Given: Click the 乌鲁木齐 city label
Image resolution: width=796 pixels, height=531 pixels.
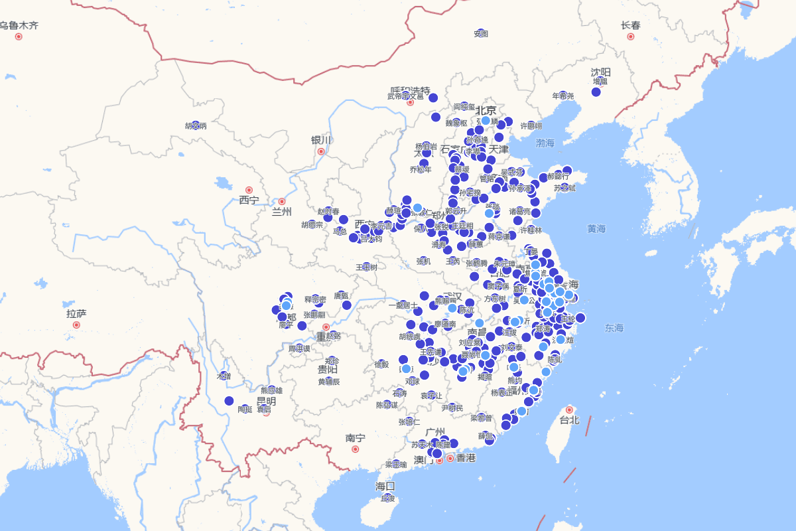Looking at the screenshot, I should [19, 25].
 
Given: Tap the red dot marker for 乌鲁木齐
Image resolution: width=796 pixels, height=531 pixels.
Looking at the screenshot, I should [19, 37].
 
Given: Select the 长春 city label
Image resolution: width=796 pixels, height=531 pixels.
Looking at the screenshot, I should [631, 25].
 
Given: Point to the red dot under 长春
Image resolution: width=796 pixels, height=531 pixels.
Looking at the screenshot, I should [631, 37].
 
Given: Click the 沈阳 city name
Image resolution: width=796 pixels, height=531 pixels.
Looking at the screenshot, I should [601, 72].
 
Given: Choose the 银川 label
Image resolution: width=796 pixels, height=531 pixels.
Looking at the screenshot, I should [320, 140].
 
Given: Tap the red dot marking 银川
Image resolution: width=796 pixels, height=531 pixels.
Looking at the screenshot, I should [321, 151].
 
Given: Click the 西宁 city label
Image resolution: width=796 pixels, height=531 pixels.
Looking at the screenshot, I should [249, 200].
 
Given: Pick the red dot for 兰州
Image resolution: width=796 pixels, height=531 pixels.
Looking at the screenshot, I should [282, 201].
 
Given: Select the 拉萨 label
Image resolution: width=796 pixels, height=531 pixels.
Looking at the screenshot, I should [76, 313].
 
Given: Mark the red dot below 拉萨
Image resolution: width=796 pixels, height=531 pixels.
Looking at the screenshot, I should [76, 325].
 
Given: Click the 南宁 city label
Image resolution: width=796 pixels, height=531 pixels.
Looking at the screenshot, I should [355, 438].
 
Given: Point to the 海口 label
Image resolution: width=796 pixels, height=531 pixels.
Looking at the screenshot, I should [385, 486].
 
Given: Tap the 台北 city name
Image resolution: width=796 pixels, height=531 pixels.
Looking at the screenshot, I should [569, 420].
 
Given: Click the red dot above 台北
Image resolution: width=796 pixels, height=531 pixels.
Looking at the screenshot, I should [569, 410].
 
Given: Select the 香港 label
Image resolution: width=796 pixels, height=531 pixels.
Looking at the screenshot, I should [466, 458].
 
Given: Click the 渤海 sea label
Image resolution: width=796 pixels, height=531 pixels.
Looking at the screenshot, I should [545, 143].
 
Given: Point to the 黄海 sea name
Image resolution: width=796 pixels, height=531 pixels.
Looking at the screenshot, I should [596, 228].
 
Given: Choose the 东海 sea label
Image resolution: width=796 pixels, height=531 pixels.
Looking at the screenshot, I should [614, 328].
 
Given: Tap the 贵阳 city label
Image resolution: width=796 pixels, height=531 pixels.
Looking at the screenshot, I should [328, 369].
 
